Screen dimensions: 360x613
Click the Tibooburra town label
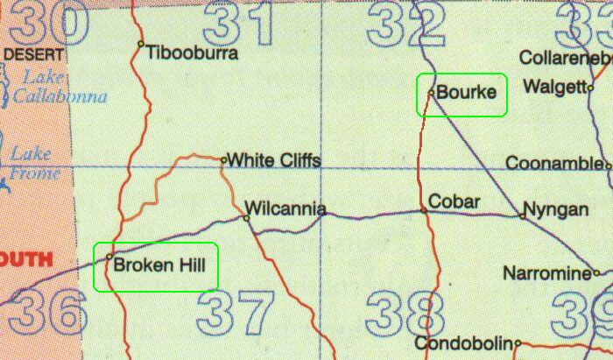click(192, 51)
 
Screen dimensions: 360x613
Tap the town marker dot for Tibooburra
click(141, 43)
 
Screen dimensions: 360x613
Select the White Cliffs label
click(273, 160)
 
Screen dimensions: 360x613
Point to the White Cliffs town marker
click(224, 159)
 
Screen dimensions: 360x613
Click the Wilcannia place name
click(286, 209)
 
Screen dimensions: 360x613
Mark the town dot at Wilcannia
click(247, 218)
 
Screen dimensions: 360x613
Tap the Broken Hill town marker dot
click(109, 257)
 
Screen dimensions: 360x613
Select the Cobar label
click(455, 202)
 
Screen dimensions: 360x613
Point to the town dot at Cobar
click(424, 210)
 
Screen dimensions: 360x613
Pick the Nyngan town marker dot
click(523, 215)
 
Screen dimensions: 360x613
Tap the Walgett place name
click(552, 87)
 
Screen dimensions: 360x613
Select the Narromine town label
click(546, 273)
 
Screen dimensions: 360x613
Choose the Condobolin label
click(463, 342)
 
